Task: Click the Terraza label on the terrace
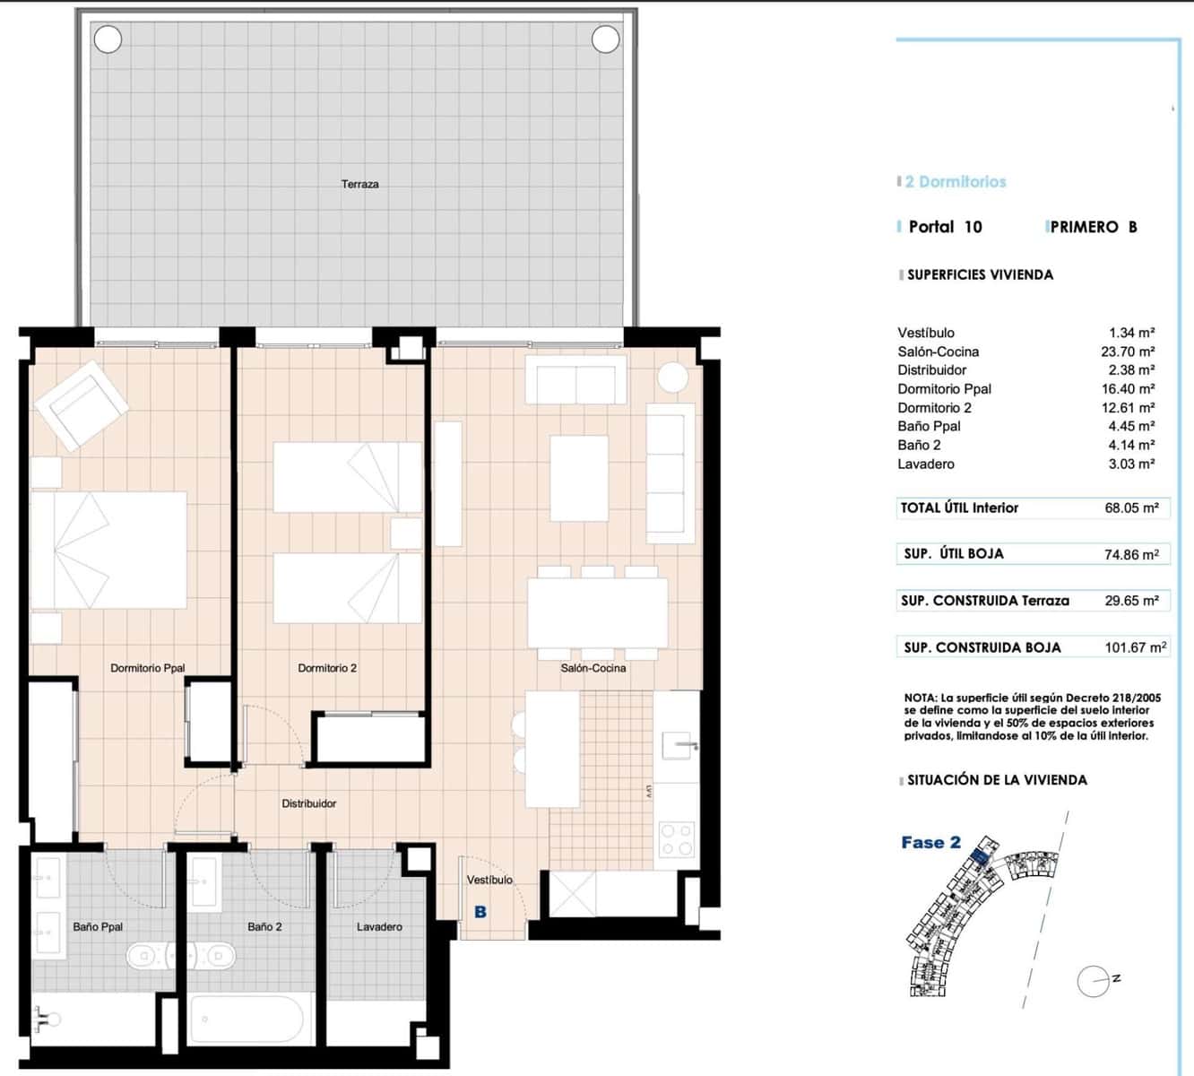pos(359,184)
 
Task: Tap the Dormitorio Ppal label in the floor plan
pos(148,668)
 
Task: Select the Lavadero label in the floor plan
pos(379,926)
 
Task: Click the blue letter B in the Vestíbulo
pos(480,912)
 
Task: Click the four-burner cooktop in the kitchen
pos(677,840)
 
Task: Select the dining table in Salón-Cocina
pos(598,612)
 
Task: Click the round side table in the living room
pos(672,377)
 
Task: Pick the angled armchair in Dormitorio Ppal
pos(81,404)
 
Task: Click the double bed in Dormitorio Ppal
pos(108,550)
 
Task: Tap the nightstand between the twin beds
pos(405,534)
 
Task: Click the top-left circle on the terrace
pos(108,39)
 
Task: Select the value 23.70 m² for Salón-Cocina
pos(1127,351)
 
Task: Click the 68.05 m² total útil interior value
pos(1131,508)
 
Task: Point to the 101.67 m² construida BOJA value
pos(1135,647)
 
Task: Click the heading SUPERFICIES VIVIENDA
pos(980,274)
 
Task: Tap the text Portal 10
pos(945,227)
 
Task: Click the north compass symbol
pos(1095,981)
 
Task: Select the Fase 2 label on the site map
pos(930,842)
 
